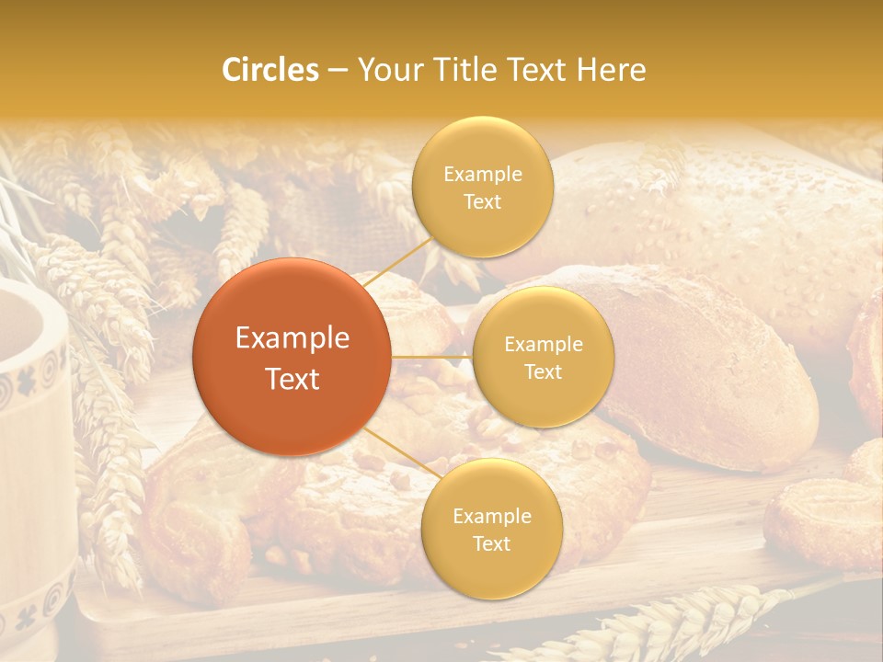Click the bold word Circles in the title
click(x=270, y=70)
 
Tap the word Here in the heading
click(x=611, y=70)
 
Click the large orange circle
click(x=292, y=357)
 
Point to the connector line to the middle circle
click(x=432, y=356)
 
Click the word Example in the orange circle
click(x=292, y=338)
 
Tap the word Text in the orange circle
click(x=292, y=379)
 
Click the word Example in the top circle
click(x=483, y=175)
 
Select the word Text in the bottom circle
click(x=491, y=543)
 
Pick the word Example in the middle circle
click(x=543, y=345)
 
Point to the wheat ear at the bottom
click(x=662, y=625)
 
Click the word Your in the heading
click(x=385, y=70)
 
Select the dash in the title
click(x=338, y=71)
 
